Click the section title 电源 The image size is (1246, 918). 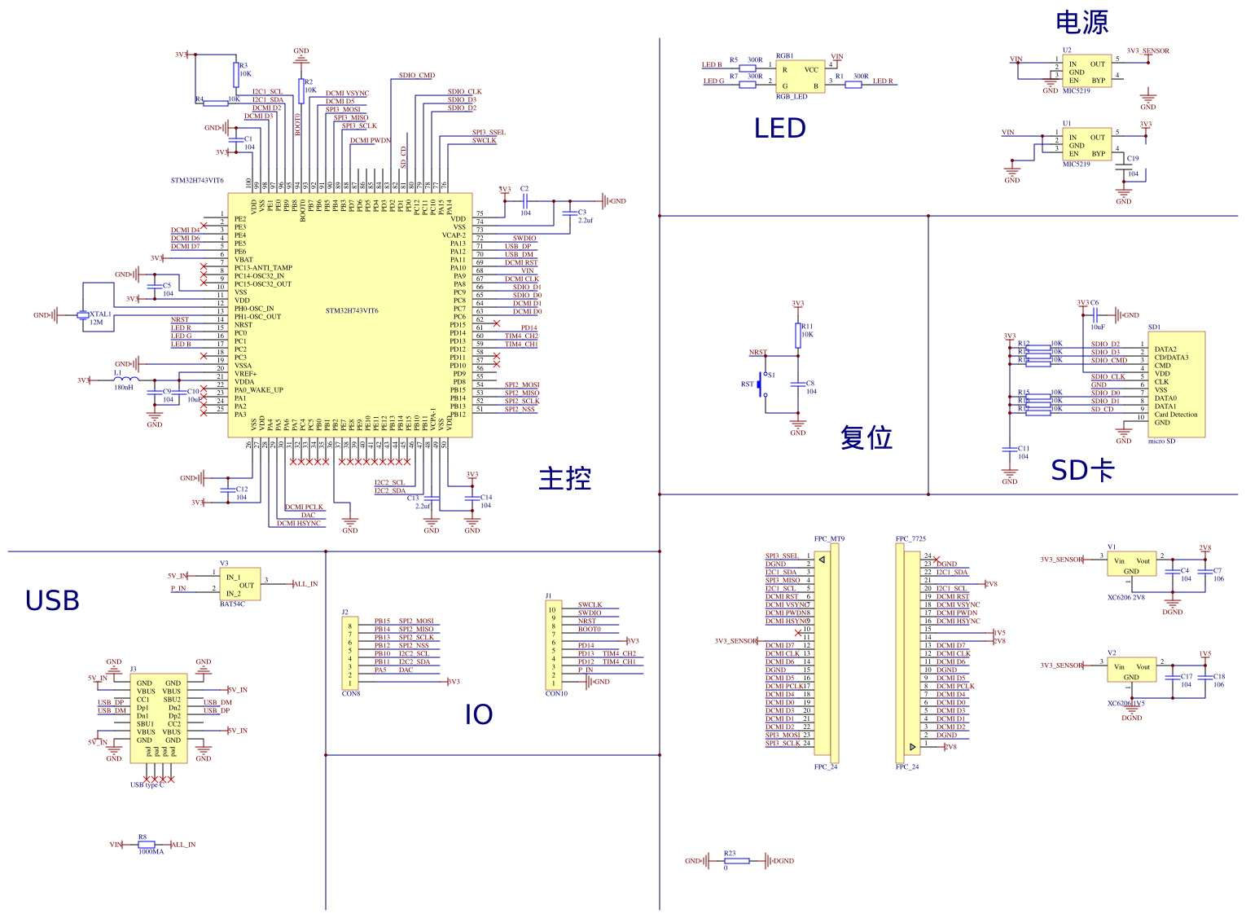1081,23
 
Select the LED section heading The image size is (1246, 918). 779,129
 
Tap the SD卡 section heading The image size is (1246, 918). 1081,470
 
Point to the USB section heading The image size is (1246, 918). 52,601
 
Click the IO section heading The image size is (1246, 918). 479,715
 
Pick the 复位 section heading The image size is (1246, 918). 866,437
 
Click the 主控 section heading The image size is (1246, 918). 564,478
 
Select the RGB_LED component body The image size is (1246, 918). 800,76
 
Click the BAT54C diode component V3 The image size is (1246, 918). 240,584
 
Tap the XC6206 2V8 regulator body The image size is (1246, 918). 1132,564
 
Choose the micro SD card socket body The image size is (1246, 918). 1175,384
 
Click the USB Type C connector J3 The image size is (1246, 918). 159,717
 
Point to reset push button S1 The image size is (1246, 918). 764,384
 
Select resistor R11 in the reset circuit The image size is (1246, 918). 798,335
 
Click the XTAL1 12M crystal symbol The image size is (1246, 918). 82,315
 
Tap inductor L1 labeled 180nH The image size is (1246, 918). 125,380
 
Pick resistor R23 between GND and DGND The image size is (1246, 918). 736,861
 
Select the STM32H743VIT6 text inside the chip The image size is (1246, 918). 352,311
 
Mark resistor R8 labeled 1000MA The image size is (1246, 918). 147,845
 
